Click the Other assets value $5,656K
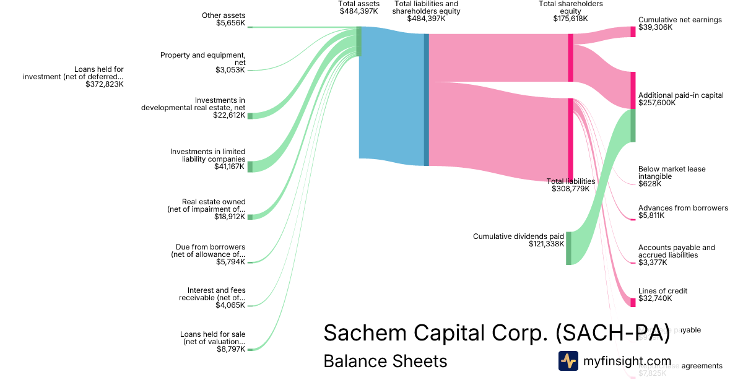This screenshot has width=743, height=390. point(230,24)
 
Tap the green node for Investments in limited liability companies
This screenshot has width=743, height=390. point(250,167)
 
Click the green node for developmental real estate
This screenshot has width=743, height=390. point(250,116)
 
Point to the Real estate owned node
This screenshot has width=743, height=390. point(250,217)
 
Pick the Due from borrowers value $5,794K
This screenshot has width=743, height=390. point(230,262)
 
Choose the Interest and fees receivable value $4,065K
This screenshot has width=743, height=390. point(230,306)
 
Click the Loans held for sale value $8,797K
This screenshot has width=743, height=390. point(230,350)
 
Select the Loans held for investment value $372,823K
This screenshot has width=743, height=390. point(105,84)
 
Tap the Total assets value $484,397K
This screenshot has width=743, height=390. point(358,11)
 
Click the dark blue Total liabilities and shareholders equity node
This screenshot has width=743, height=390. point(426,99)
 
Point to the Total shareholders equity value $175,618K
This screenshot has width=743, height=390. point(570,19)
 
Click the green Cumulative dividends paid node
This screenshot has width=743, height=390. point(568,248)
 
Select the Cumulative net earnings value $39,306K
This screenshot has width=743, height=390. point(655,28)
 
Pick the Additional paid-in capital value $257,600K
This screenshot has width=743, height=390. point(657,103)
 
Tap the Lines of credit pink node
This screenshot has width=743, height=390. point(633,302)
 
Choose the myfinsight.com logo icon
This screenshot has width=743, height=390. point(568,361)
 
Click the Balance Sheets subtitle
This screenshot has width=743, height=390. point(385,361)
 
